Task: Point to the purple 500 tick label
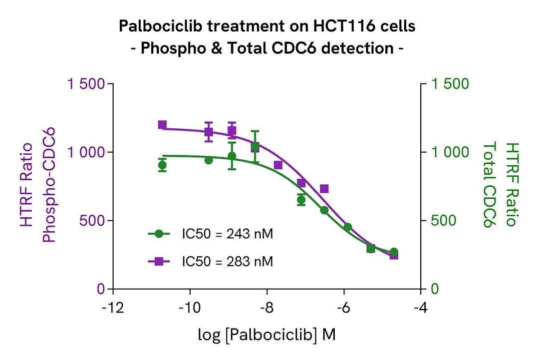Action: click(x=93, y=221)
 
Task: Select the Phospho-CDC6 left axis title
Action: click(x=49, y=185)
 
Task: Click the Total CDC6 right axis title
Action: click(x=492, y=185)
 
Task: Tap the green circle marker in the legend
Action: click(x=159, y=233)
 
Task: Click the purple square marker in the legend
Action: click(x=159, y=261)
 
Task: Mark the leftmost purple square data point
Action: click(x=162, y=125)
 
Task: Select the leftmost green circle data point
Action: click(x=162, y=165)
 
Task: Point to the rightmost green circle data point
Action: click(x=394, y=252)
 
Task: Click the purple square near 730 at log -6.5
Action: click(x=324, y=189)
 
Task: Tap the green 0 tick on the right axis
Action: click(x=434, y=289)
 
